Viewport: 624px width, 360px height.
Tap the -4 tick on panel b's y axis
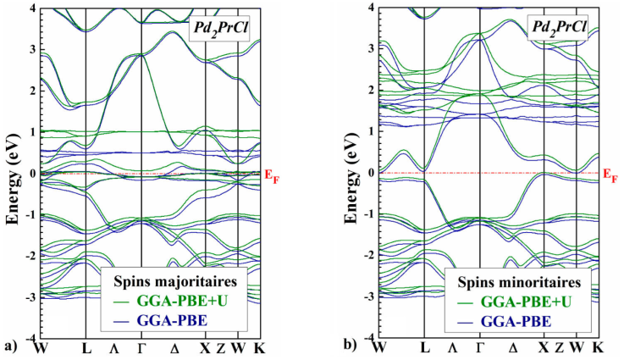(x=364, y=337)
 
